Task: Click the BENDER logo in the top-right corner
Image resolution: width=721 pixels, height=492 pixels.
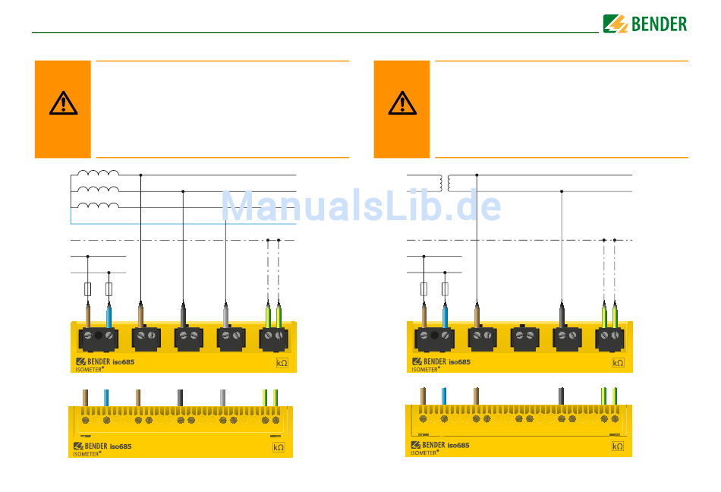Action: point(645,24)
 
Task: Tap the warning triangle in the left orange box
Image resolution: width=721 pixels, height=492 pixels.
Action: point(63,102)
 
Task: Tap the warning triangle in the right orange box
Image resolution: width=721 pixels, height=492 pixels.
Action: point(402,102)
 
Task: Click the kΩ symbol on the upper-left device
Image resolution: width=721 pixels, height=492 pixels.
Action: point(282,363)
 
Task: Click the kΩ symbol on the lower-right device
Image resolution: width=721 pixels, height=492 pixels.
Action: point(618,446)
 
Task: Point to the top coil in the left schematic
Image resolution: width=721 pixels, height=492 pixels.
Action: point(98,175)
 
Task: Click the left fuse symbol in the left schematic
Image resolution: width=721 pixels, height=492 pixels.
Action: point(88,289)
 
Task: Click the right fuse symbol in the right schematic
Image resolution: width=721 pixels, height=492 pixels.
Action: point(445,289)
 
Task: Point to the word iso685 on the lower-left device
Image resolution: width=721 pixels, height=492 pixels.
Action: point(121,446)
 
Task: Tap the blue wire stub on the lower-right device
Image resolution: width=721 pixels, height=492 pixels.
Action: point(443,396)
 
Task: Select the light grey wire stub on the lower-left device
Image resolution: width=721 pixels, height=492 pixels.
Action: point(222,396)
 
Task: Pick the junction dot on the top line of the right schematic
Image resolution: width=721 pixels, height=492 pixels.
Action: point(477,175)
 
